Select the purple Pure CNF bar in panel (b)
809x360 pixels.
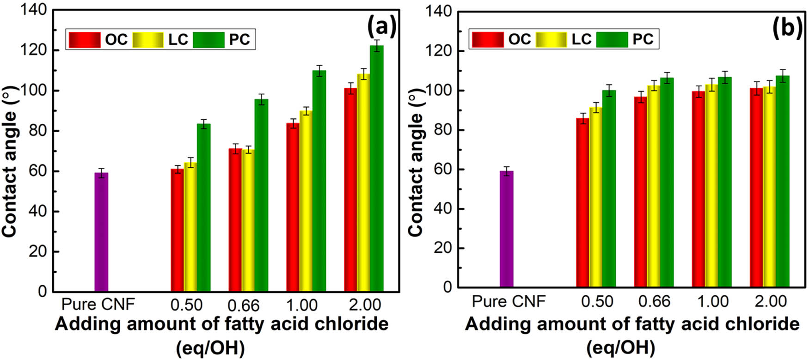507,229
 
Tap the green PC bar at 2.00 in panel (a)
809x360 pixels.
377,169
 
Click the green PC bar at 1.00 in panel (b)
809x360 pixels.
725,182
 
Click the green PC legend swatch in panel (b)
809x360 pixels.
612,39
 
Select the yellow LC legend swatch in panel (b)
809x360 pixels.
551,39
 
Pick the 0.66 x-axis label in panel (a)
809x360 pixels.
244,305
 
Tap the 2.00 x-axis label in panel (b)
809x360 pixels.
771,302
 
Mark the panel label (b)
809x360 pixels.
787,28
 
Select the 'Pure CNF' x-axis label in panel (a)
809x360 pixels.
98,305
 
